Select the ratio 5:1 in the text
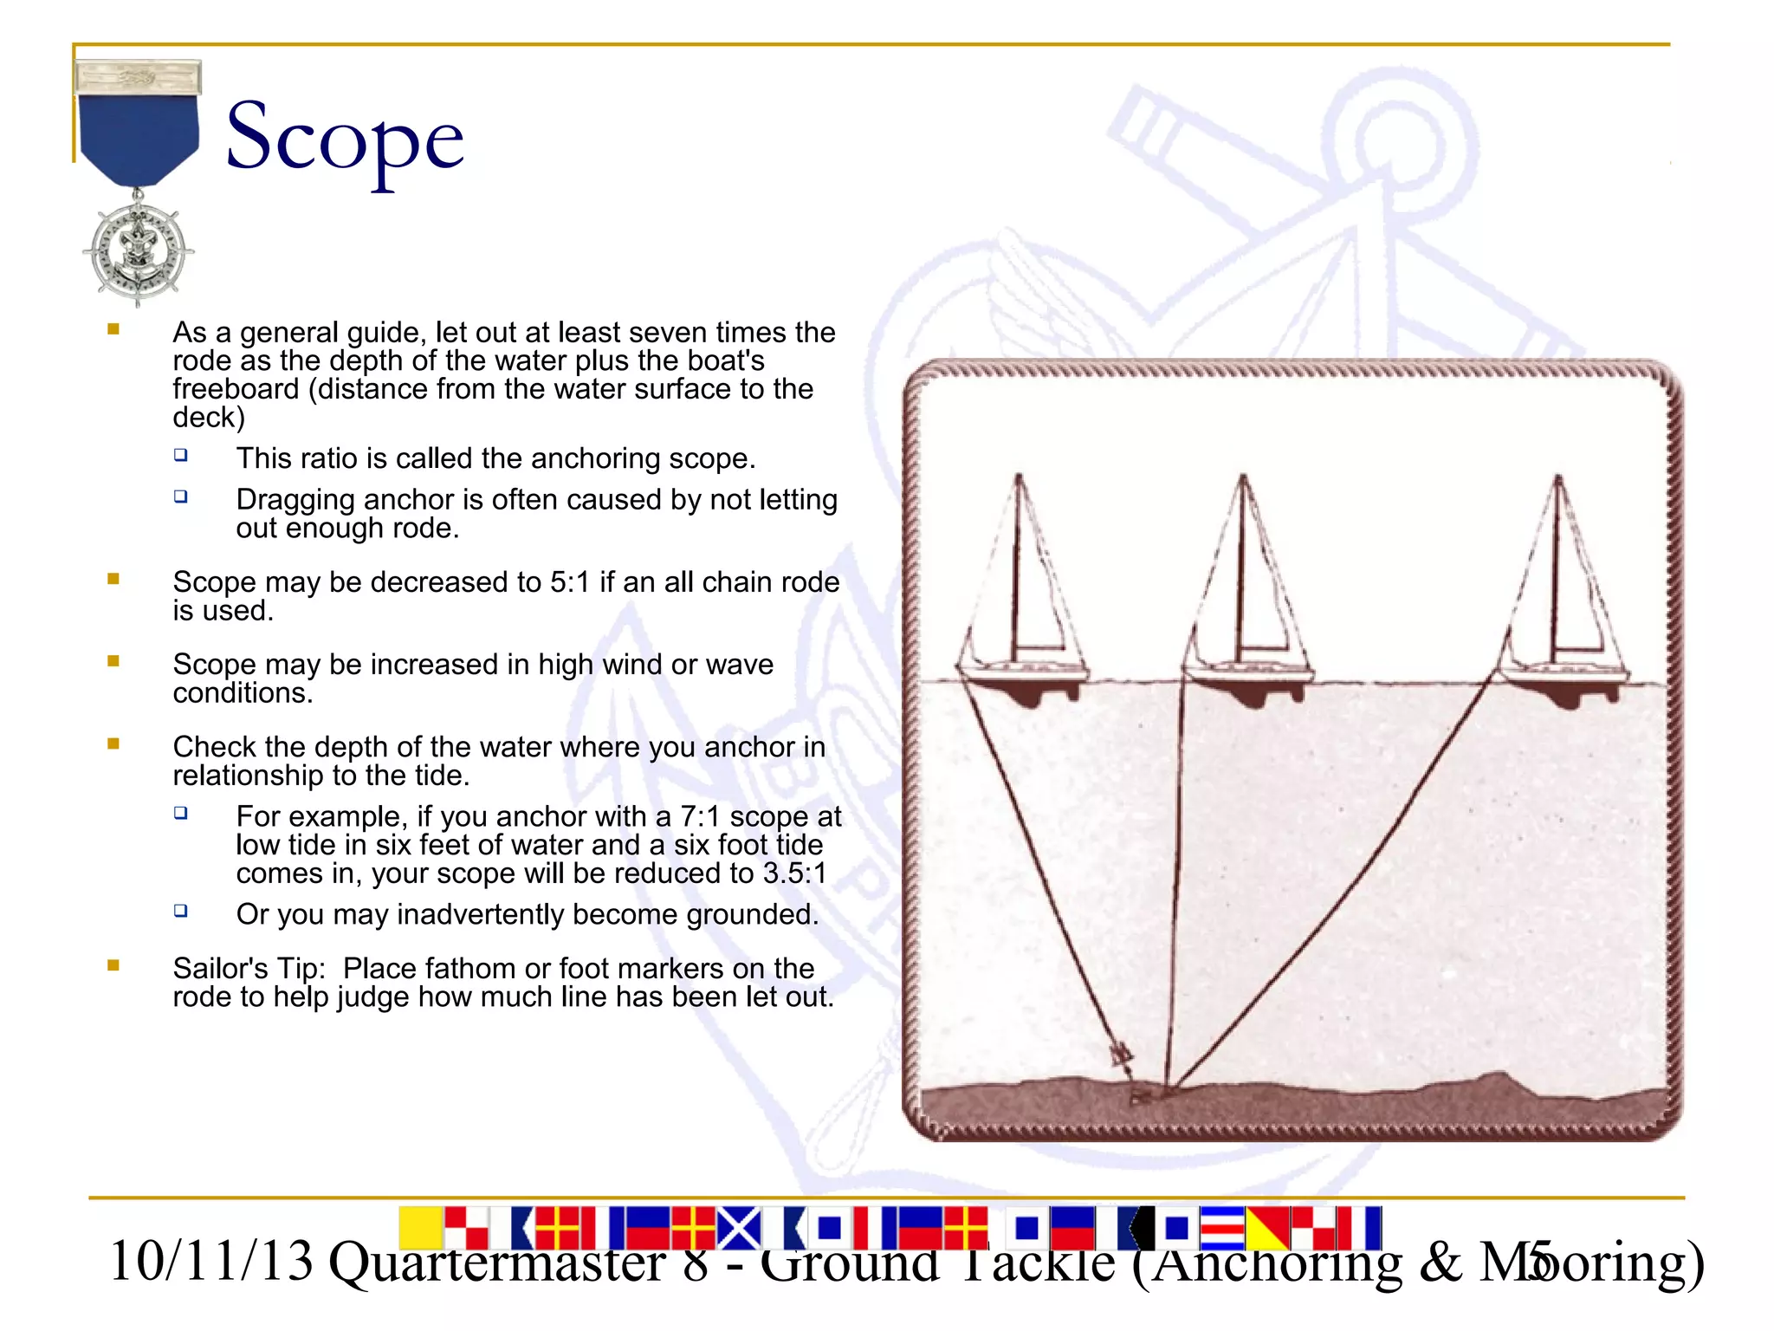click(x=570, y=582)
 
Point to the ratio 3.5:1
click(x=794, y=873)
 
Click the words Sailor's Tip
click(x=249, y=969)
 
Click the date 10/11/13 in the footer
click(x=210, y=1262)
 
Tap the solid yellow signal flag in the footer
click(x=421, y=1229)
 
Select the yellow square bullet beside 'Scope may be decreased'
click(x=113, y=579)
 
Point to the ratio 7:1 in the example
click(x=700, y=817)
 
